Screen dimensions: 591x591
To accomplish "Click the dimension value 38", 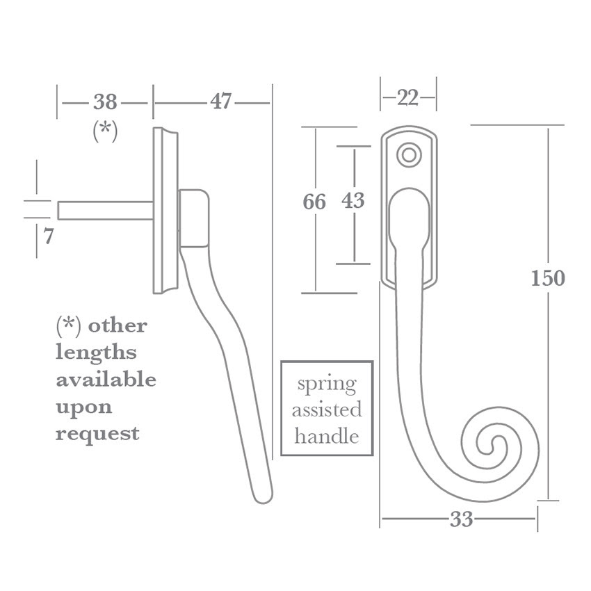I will (x=105, y=102).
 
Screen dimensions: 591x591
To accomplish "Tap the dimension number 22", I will (x=408, y=98).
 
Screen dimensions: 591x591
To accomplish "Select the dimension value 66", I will (x=314, y=202).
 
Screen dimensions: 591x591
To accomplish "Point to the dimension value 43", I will (x=353, y=201).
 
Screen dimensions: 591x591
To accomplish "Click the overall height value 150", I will (x=548, y=279).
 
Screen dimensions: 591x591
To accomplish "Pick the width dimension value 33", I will (x=461, y=519).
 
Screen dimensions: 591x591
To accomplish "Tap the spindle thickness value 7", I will (x=49, y=237).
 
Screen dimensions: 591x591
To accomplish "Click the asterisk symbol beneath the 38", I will (x=105, y=131).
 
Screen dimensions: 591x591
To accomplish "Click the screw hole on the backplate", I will (x=410, y=155).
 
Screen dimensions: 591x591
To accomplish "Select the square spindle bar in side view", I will (x=105, y=211).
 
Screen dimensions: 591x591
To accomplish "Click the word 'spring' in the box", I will (x=326, y=384).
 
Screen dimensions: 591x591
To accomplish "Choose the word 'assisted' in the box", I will (x=326, y=410).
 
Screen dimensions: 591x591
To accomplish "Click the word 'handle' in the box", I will (x=326, y=436).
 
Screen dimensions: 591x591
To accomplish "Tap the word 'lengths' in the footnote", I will (x=96, y=353).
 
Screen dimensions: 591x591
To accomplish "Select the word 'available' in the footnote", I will (x=106, y=380).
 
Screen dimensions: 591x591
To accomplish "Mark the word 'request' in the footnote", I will (x=97, y=434).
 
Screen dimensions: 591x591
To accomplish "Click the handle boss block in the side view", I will (x=194, y=218).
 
